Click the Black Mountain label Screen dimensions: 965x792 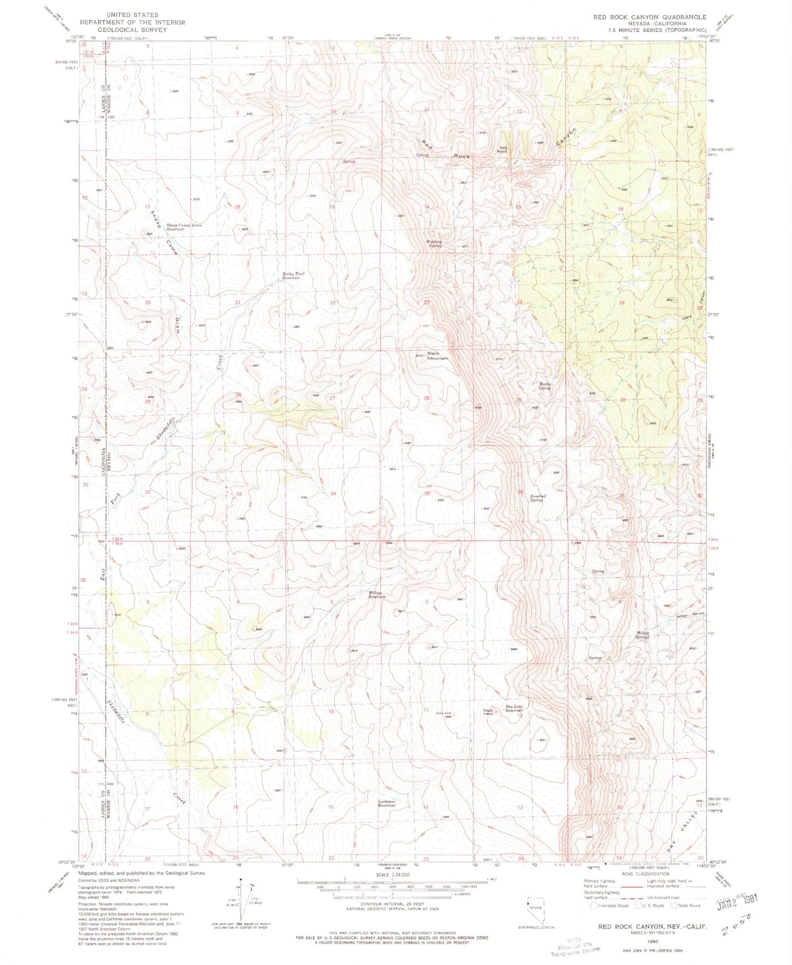(437, 356)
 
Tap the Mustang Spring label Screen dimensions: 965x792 (433, 244)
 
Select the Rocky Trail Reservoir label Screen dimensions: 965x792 (293, 276)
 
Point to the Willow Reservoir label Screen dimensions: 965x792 (377, 594)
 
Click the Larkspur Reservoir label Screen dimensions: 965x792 (386, 803)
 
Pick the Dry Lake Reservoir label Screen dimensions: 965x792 (514, 708)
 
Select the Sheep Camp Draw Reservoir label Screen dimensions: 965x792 (184, 227)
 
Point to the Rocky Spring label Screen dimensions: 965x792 (545, 386)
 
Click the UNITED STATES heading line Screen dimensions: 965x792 (132, 15)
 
